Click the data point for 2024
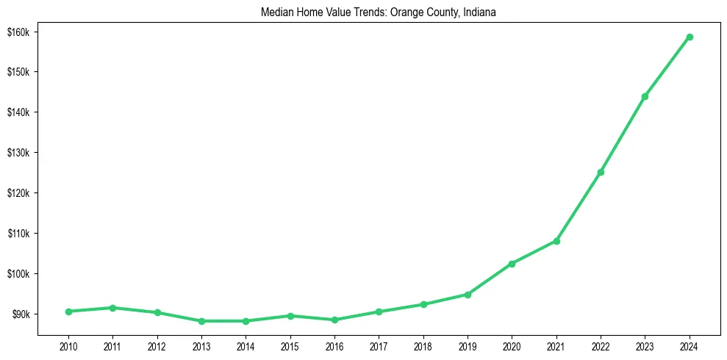click(690, 37)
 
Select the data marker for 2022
click(601, 172)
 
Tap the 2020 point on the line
click(512, 264)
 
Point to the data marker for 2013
click(201, 321)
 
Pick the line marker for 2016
click(334, 320)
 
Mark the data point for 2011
click(112, 308)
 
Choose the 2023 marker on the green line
click(645, 96)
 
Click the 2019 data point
click(468, 295)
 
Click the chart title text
click(379, 12)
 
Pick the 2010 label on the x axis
click(68, 346)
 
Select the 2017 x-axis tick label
click(379, 346)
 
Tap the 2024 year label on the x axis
click(690, 346)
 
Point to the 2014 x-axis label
click(246, 346)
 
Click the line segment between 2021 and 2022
click(579, 206)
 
